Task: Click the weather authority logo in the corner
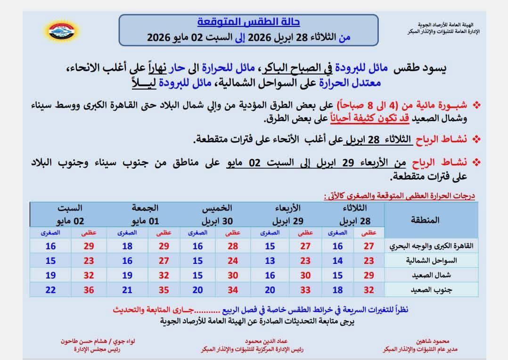pos(61,30)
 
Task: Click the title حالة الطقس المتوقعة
pos(248,22)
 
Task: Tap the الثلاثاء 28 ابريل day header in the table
pos(358,215)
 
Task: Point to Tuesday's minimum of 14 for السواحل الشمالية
pos(338,260)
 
